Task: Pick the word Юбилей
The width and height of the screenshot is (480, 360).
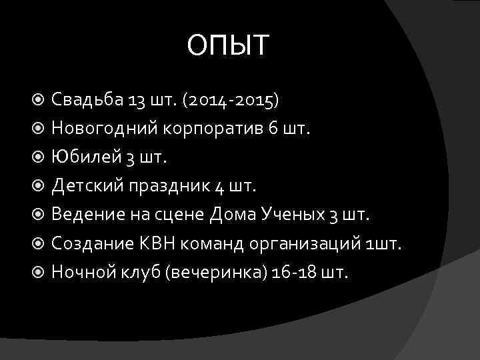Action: click(83, 157)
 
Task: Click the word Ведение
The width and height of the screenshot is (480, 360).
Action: click(85, 215)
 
